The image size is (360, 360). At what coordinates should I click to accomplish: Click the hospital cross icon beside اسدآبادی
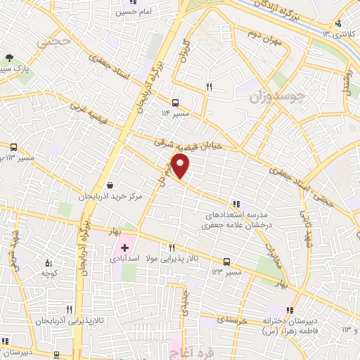[124, 247]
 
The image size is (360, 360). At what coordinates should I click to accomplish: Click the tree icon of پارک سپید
[8, 58]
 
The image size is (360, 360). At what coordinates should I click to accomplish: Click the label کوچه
[48, 272]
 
